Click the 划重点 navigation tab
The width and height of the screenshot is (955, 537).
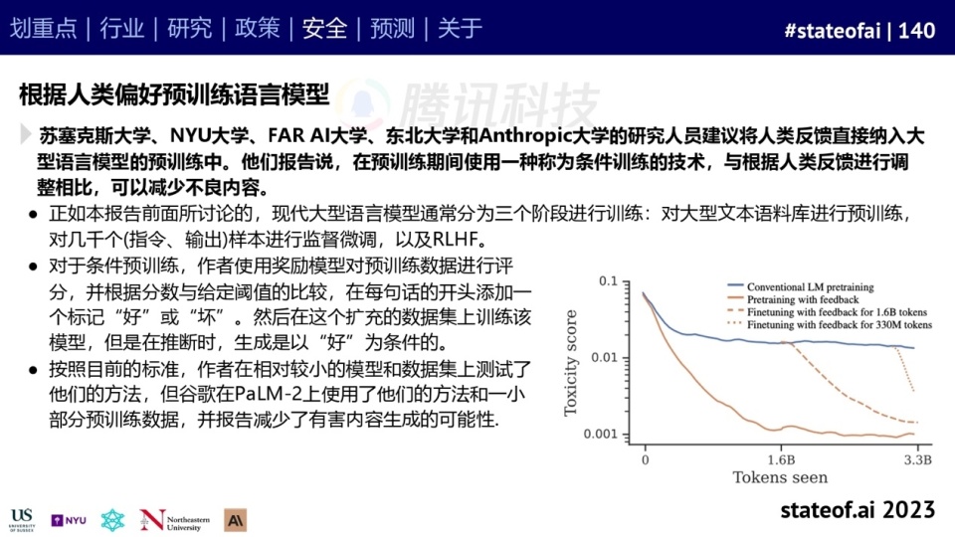43,28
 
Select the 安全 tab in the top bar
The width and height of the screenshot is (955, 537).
324,28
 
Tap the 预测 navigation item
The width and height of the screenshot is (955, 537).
392,28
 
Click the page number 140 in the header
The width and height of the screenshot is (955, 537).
916,31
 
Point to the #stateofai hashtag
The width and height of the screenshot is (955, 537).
833,31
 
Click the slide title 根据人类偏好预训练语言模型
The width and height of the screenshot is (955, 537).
174,94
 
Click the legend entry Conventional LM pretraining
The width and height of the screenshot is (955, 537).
810,286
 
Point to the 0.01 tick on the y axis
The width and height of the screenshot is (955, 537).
604,357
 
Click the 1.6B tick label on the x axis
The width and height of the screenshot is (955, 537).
781,459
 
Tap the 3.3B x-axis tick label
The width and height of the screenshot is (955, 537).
918,459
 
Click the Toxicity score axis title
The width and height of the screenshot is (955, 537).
571,363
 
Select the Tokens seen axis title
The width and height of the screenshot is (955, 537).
780,477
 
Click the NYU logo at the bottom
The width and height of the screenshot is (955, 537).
69,520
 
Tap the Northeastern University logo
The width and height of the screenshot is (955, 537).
175,520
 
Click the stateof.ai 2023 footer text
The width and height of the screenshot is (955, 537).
858,510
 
